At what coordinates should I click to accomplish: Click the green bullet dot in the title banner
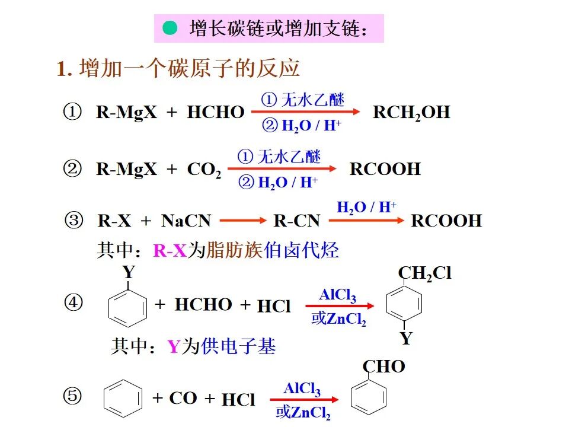(x=171, y=27)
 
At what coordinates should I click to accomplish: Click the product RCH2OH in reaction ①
(x=411, y=113)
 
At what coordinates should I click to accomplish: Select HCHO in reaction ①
(x=215, y=113)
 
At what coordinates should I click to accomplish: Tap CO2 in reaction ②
(x=204, y=170)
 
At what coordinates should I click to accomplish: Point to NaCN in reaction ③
(x=186, y=221)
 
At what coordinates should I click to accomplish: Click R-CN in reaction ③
(x=296, y=221)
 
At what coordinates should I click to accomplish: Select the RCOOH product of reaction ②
(x=385, y=170)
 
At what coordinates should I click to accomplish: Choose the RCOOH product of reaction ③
(x=446, y=221)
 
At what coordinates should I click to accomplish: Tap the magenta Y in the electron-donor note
(x=173, y=347)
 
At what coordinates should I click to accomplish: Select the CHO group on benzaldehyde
(x=383, y=367)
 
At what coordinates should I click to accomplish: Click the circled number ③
(x=73, y=221)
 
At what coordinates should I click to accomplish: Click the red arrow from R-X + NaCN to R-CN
(x=243, y=221)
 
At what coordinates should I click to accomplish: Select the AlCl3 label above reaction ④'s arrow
(x=337, y=295)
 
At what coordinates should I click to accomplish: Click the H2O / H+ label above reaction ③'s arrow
(x=366, y=208)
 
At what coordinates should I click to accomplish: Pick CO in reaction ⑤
(x=183, y=398)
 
